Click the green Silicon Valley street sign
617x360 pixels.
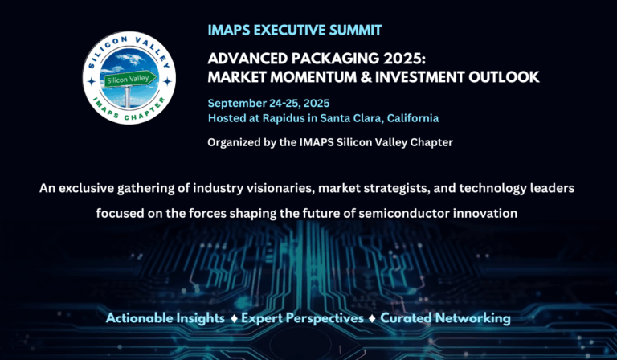click(x=128, y=80)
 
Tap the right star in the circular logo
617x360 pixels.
click(x=167, y=81)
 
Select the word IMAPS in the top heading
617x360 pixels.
click(x=231, y=31)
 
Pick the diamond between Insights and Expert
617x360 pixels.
click(x=232, y=318)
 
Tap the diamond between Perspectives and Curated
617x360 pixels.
click(x=372, y=318)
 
